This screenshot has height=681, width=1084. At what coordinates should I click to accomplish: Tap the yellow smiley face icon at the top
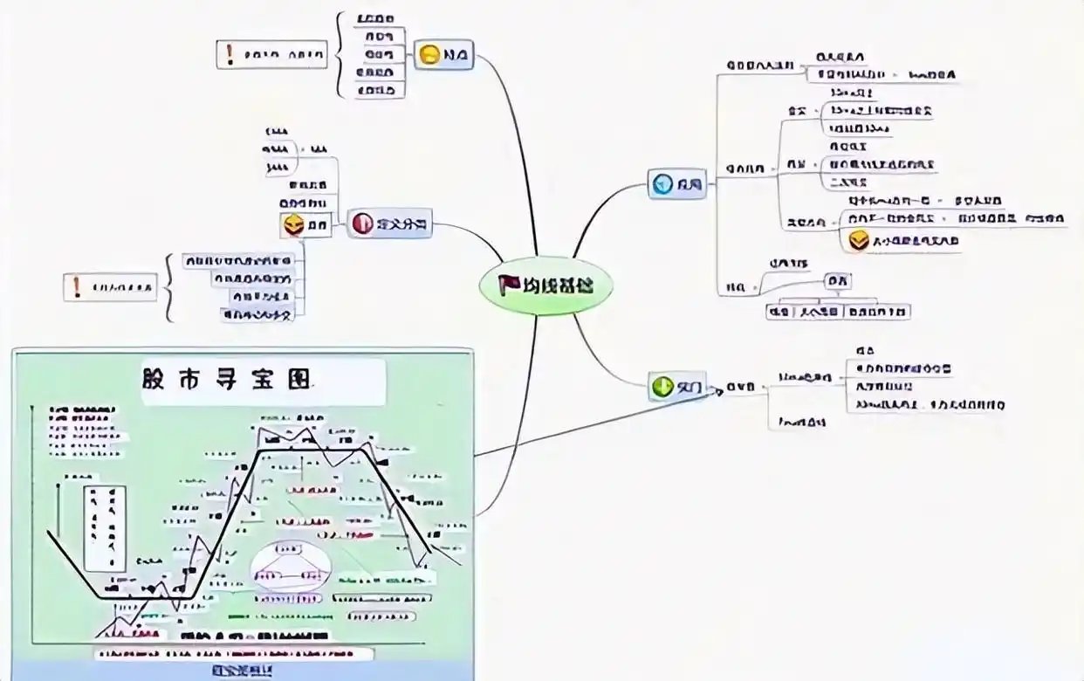[x=429, y=55]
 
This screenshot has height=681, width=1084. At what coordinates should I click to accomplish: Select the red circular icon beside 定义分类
[x=362, y=224]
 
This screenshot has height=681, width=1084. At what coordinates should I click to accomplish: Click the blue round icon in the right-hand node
[x=662, y=184]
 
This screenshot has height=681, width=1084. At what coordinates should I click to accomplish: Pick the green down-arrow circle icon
[x=662, y=385]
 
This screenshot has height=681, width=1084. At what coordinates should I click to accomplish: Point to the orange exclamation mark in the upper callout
[x=230, y=54]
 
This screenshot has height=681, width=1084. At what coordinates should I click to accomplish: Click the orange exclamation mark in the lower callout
[x=77, y=286]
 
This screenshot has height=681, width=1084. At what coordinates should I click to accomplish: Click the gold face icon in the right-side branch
[x=860, y=240]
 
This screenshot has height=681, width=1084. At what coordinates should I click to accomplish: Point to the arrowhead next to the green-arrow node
[x=718, y=391]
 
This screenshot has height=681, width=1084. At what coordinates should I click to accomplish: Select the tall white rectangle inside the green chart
[x=105, y=527]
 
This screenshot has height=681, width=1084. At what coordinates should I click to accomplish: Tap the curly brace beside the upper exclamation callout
[x=341, y=55]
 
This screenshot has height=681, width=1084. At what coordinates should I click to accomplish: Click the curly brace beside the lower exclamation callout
[x=169, y=286]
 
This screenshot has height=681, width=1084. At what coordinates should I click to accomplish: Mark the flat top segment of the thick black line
[x=314, y=450]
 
